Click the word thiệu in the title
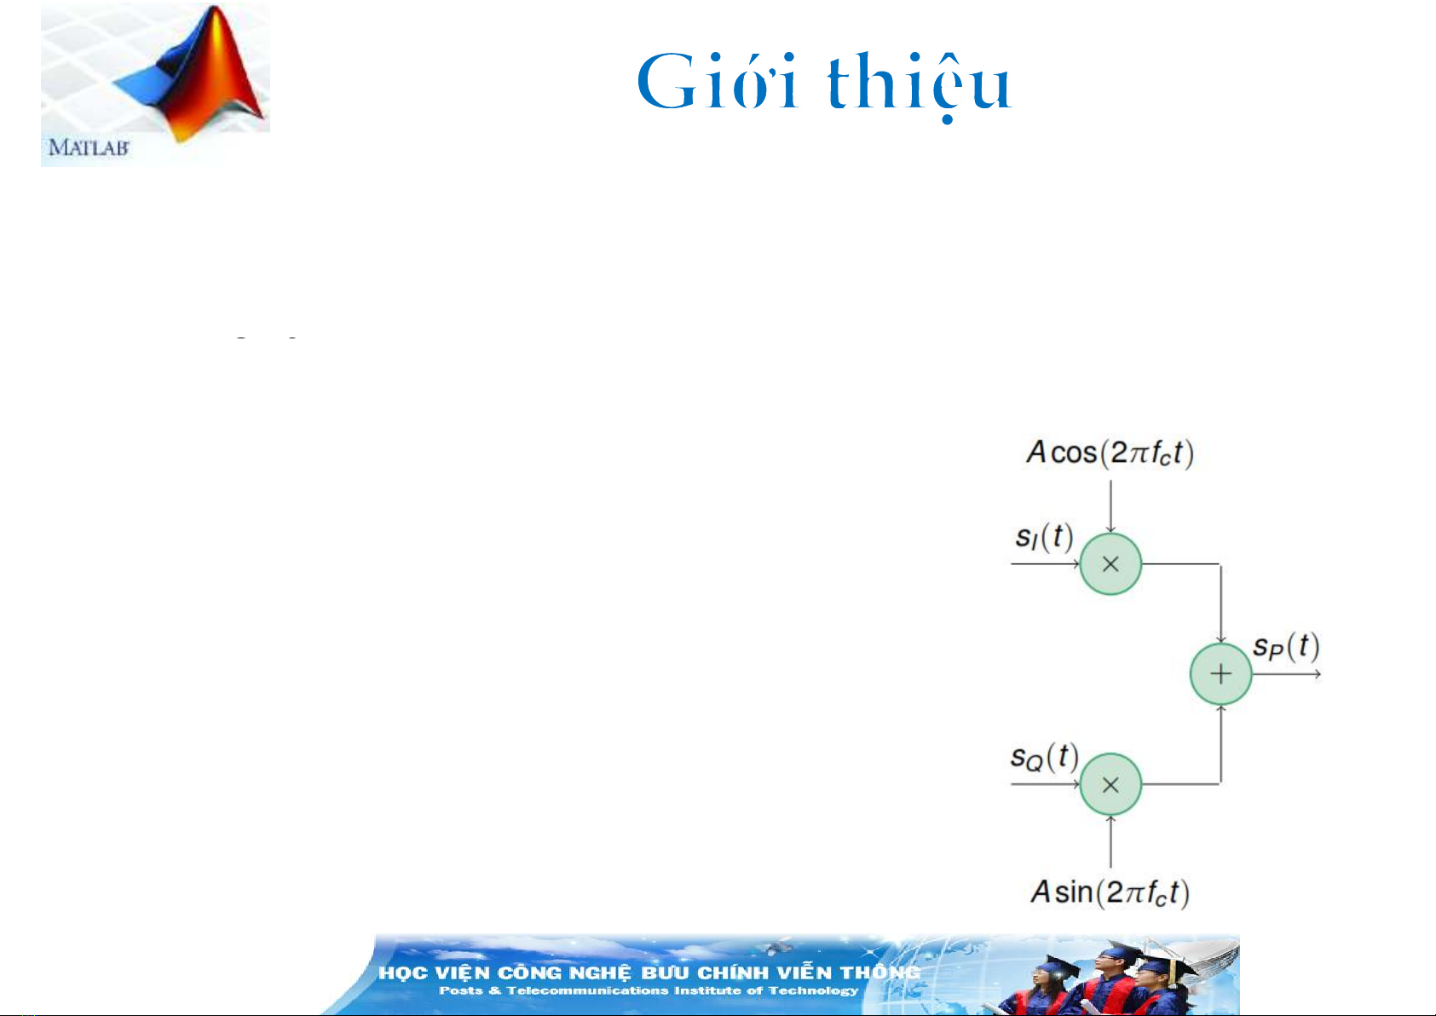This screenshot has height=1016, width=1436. (x=920, y=84)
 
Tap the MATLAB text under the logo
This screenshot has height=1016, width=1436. (x=89, y=148)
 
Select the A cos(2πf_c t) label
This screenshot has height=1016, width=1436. (x=1110, y=453)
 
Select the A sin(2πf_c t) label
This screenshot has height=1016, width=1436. (x=1110, y=892)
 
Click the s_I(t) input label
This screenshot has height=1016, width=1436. (x=1044, y=536)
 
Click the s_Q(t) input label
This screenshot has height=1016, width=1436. (x=1044, y=757)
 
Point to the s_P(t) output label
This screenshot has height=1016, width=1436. (x=1286, y=646)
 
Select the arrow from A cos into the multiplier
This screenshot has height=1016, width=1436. (x=1111, y=507)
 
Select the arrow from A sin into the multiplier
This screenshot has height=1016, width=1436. (x=1111, y=841)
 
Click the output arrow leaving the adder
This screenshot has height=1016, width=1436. (x=1287, y=674)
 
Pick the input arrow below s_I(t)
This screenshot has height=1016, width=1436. (x=1046, y=564)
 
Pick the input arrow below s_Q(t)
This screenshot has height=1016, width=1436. (x=1046, y=785)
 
